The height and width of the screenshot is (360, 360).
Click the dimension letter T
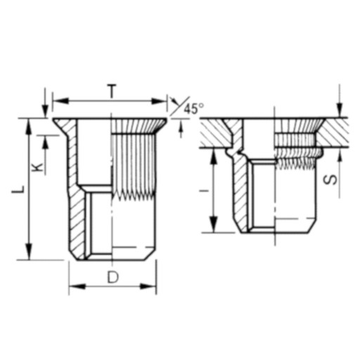pos(112,91)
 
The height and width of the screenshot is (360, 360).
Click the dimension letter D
pos(113,277)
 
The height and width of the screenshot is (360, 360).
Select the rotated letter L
pos(18,189)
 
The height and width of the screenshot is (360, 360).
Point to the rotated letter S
pos(330,180)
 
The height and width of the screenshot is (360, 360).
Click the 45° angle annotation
pos(193,109)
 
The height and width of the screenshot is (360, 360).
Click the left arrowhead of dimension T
pos(60,101)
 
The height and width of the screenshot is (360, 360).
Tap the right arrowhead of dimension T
pos(159,101)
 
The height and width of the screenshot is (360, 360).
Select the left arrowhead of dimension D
pos(77,286)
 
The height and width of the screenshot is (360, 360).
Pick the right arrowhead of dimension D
pos(148,286)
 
